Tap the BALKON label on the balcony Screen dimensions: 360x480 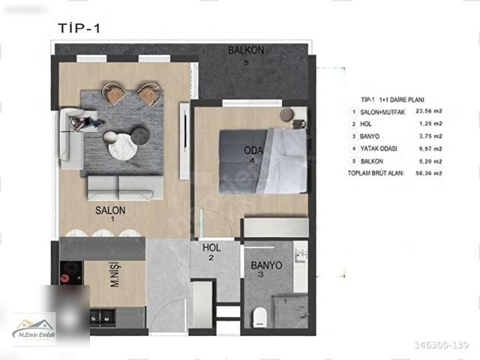pyautogui.click(x=246, y=51)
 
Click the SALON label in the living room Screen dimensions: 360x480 pyautogui.click(x=110, y=211)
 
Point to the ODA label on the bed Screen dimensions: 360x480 pyautogui.click(x=252, y=150)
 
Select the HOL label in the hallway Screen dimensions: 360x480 pyautogui.click(x=211, y=248)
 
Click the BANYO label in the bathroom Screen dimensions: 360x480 pyautogui.click(x=266, y=265)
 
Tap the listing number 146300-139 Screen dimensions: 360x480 pyautogui.click(x=441, y=346)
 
